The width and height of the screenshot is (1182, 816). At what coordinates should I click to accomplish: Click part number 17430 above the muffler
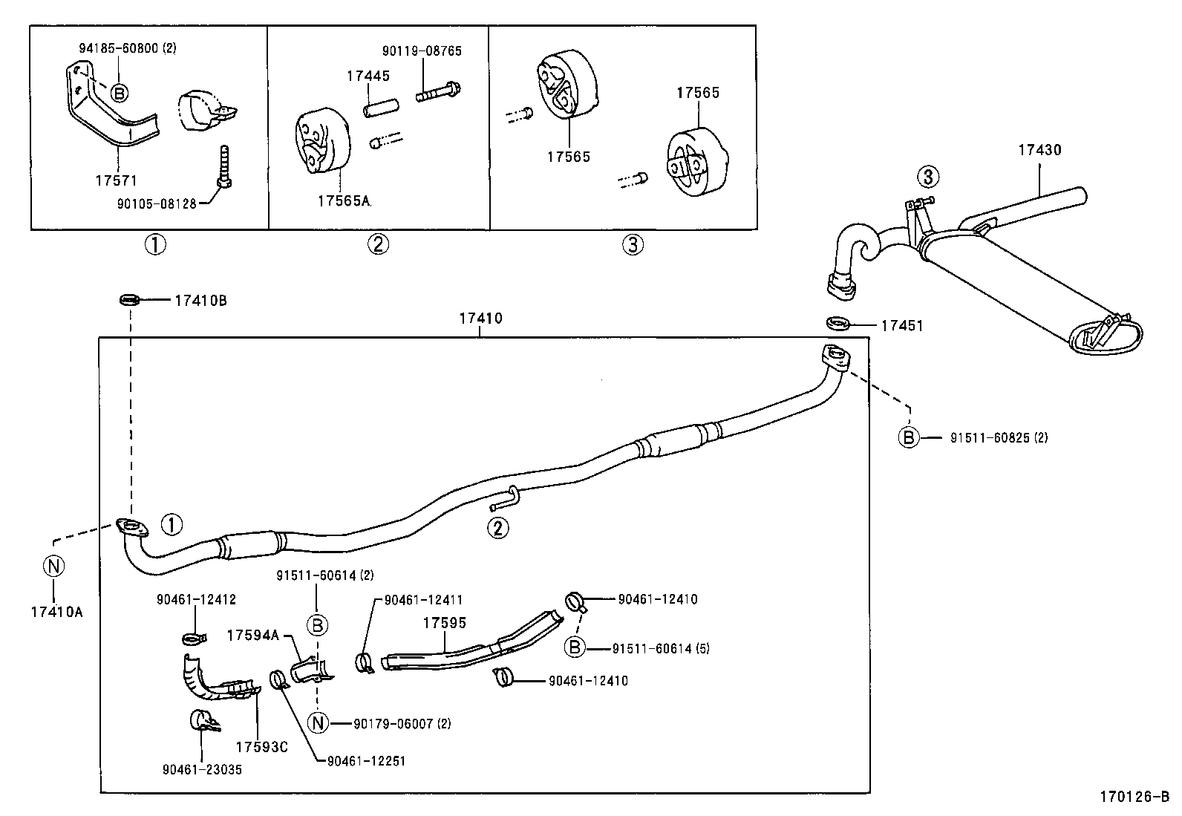1039,150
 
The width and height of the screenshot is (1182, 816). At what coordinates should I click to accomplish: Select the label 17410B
200,301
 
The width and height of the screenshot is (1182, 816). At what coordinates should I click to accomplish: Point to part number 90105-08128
156,203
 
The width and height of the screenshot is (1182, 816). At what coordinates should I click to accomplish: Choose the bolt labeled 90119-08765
440,94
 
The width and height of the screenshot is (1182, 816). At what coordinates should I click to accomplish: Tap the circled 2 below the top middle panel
378,244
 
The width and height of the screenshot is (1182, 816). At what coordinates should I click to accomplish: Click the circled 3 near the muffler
927,177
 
